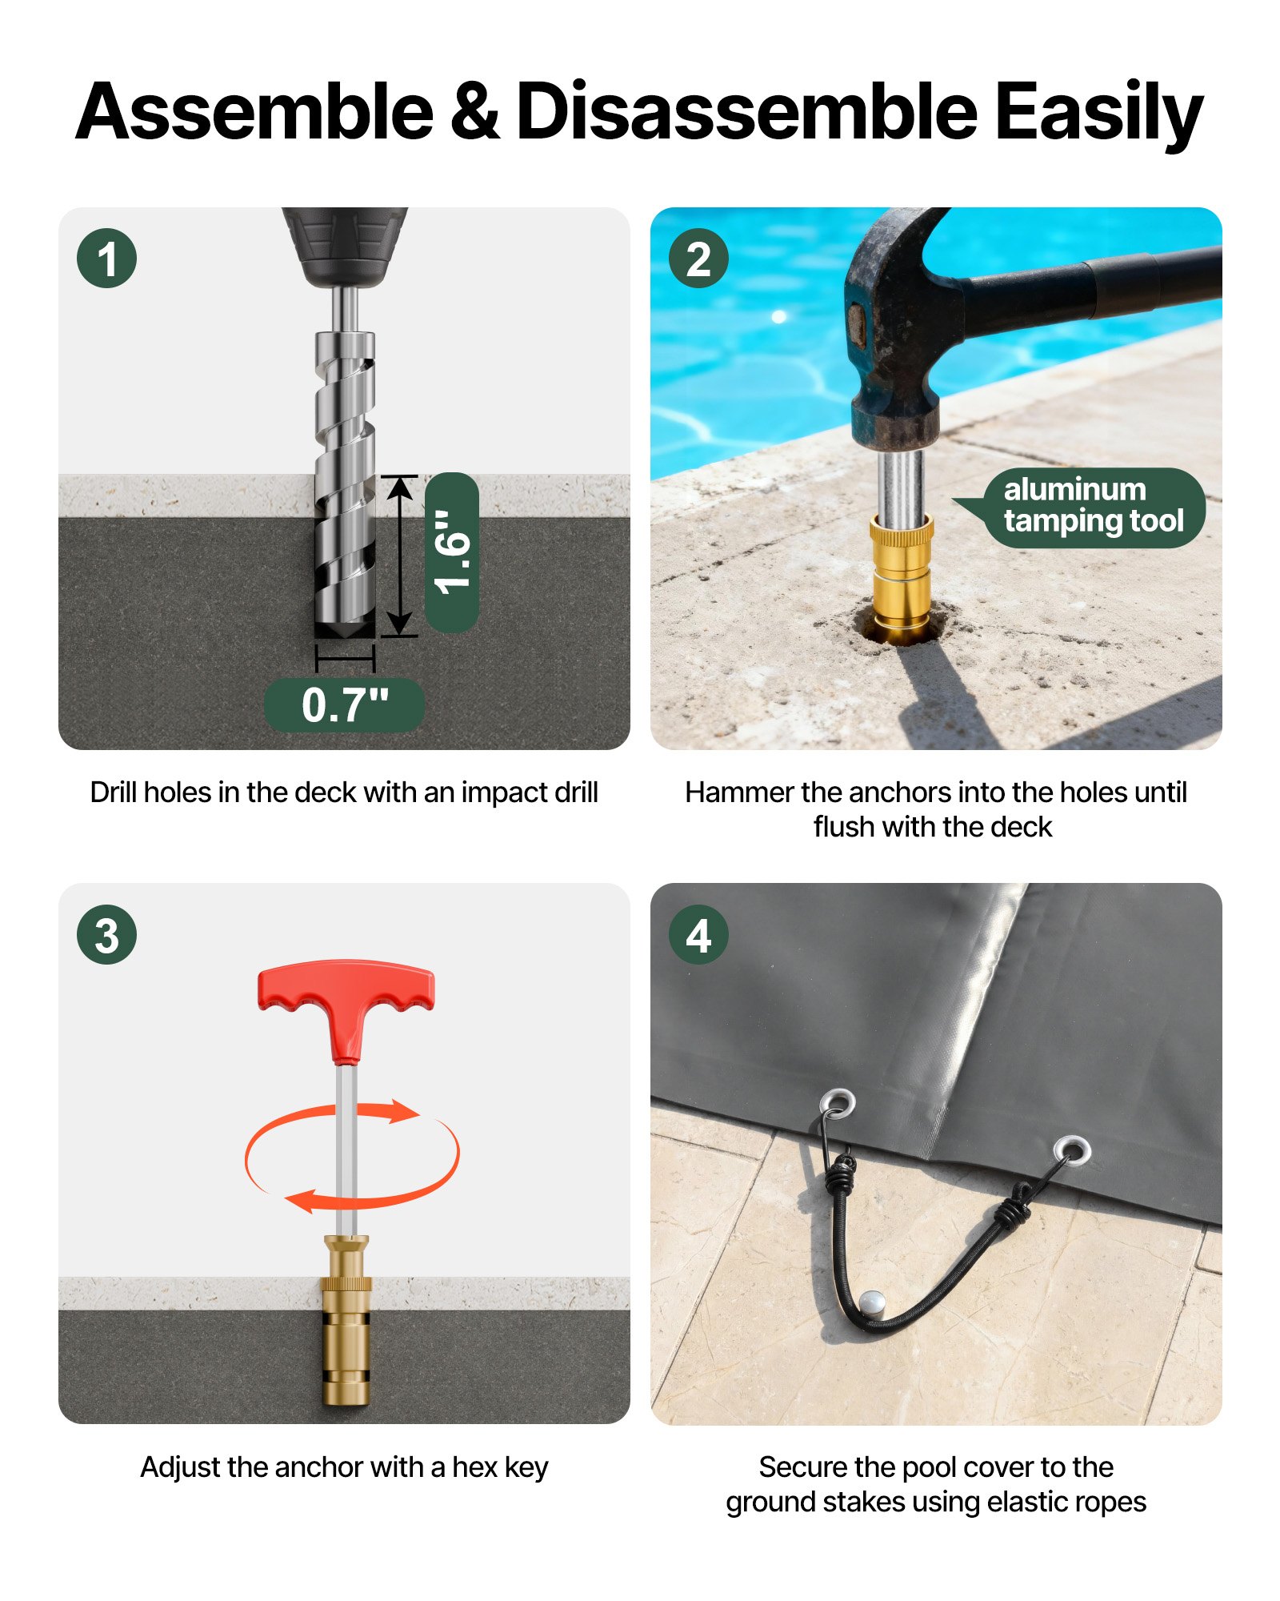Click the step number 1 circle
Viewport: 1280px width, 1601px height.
point(106,259)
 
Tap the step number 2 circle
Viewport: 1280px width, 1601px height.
point(698,259)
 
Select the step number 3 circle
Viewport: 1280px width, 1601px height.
point(106,934)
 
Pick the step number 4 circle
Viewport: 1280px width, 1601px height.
point(698,934)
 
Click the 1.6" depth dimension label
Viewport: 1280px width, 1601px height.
point(452,552)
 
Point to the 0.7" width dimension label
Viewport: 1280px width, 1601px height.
point(344,705)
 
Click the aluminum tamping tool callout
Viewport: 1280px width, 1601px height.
point(1092,507)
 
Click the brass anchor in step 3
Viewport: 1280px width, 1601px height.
point(346,1321)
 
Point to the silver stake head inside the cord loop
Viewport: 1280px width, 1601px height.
point(871,1301)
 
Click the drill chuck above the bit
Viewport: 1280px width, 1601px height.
point(345,244)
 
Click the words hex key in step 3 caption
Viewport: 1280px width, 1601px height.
point(500,1467)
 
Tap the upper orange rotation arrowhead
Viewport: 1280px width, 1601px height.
point(404,1111)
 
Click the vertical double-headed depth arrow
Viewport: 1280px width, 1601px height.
point(399,556)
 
